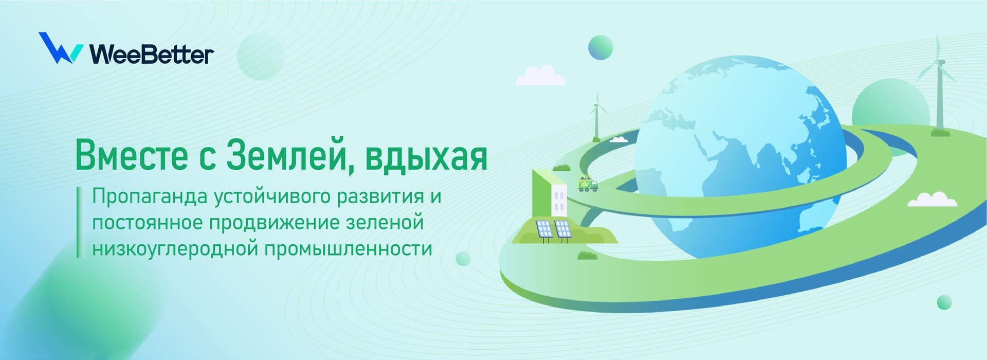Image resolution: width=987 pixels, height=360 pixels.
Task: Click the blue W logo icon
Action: pos(61,48)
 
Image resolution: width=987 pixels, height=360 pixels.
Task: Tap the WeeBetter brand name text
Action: pos(152,54)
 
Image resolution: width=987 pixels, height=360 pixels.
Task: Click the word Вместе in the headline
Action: pos(132,155)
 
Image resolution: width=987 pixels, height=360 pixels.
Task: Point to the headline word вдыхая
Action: pos(426,157)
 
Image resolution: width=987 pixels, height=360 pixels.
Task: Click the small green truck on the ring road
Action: pos(588,184)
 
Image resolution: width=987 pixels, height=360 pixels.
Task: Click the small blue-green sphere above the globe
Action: pos(600,48)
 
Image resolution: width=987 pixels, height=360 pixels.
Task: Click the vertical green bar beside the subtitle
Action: pos(78,222)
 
